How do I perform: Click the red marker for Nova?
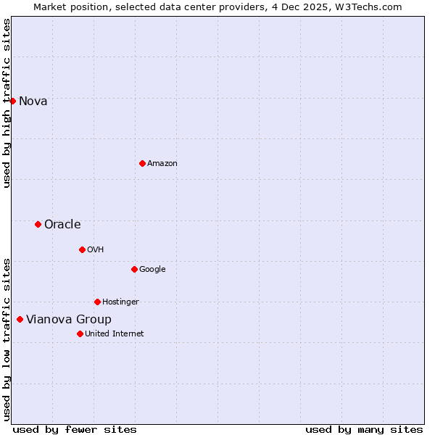coord(12,101)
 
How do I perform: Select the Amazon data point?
coord(142,163)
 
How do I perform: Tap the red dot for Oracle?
coord(38,224)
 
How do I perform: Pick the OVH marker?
coord(82,249)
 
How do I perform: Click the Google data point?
coord(134,269)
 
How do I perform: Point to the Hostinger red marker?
coord(97,302)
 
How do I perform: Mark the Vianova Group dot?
coord(20,319)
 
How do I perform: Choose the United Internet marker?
coord(80,333)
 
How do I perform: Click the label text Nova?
coord(33,101)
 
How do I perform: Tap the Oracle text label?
coord(62,224)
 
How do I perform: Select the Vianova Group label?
coord(69,319)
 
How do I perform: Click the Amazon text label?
coord(162,163)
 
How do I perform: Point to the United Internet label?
coord(115,333)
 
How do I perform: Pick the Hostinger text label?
coord(120,302)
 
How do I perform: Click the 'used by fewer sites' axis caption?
coord(75,429)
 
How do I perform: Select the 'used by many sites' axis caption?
coord(364,429)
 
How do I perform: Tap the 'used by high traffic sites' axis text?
coord(7,104)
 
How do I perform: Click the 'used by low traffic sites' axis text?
coord(7,339)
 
